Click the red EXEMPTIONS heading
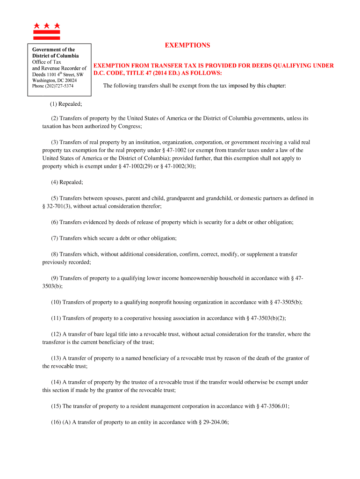pos(187,45)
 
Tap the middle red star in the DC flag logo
pos(47,25)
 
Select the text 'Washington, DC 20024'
pos(54,80)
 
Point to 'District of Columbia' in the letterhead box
pos(55,56)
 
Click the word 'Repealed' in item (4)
pos(71,182)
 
